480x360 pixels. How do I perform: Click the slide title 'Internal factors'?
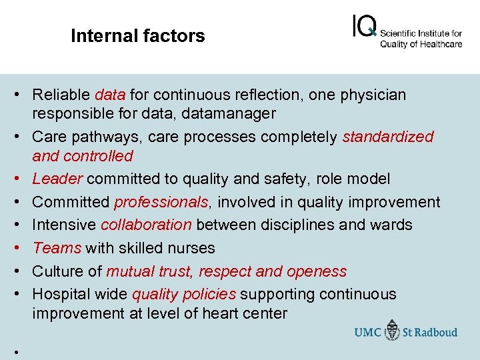point(138,36)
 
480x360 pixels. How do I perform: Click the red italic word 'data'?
point(111,95)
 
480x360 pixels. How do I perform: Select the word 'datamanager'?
point(233,114)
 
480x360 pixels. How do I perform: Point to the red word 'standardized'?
point(387,137)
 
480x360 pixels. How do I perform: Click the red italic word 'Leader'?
point(57,179)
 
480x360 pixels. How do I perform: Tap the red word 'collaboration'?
point(145,225)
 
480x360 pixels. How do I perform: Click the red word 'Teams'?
point(57,248)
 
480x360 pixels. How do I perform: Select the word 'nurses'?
point(192,248)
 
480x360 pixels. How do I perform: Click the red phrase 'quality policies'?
point(184,294)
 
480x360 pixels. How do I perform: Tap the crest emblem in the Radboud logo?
point(393,331)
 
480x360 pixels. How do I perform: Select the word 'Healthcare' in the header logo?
point(437,45)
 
